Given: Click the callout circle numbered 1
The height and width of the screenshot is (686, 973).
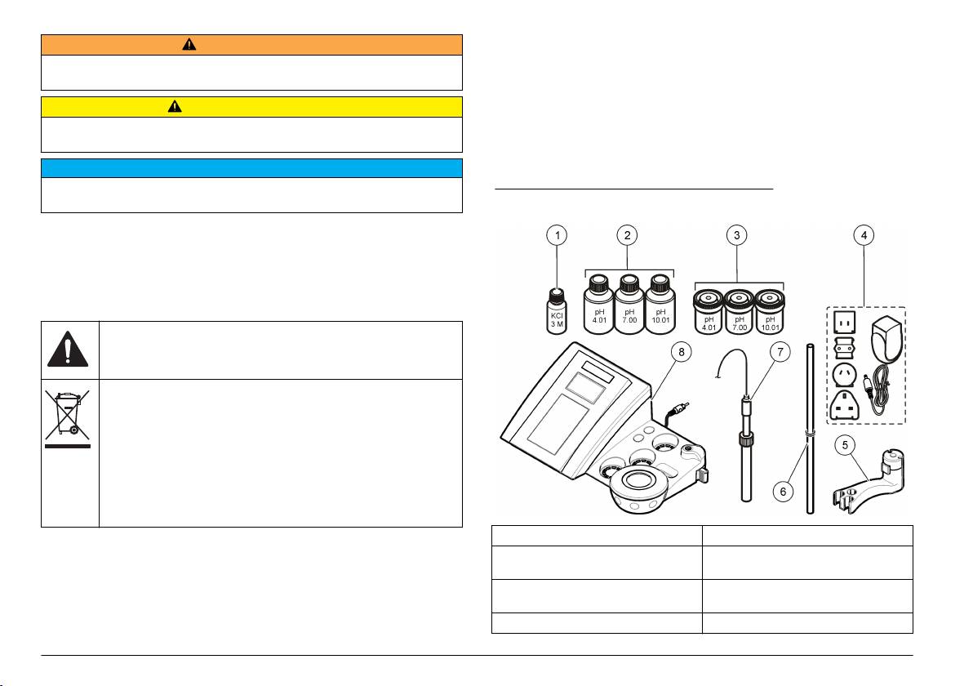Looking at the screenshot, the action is (x=556, y=235).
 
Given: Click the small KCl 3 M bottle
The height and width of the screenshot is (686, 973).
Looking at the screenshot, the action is (x=557, y=310).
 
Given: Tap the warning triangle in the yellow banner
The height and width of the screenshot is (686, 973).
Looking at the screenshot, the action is (x=175, y=107).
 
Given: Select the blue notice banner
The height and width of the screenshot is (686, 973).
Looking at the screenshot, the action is (x=251, y=168).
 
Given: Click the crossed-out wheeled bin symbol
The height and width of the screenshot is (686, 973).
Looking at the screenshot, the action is (x=69, y=419).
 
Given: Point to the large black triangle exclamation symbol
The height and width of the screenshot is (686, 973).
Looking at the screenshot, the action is (x=69, y=350).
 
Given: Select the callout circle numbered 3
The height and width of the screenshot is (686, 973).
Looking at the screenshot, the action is (x=738, y=235).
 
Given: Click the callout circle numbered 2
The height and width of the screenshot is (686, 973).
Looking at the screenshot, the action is (x=627, y=235).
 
